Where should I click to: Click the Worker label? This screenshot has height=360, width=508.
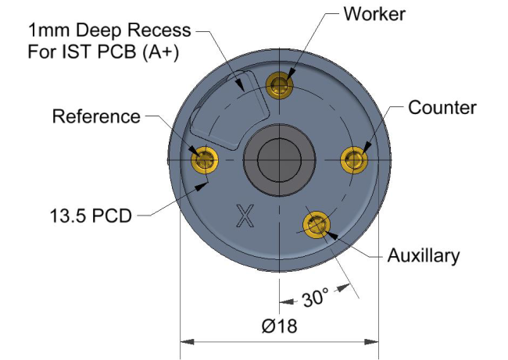tap(374, 15)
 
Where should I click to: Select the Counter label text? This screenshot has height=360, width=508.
tap(442, 107)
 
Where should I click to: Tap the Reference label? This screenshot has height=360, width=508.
tap(96, 117)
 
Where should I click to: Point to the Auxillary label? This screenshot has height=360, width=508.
tap(424, 255)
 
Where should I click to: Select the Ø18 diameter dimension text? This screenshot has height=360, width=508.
tap(280, 326)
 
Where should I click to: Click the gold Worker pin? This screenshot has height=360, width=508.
tap(281, 84)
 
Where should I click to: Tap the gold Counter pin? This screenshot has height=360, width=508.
tap(356, 159)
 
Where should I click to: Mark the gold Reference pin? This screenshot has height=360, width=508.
tap(205, 159)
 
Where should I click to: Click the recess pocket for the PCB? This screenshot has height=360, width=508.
tap(220, 109)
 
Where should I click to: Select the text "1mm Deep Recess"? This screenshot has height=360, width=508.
tap(109, 32)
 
